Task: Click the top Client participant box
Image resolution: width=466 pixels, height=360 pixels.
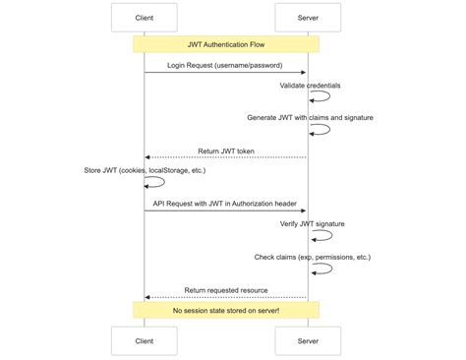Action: coord(145,17)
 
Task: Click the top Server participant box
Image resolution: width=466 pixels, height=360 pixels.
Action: coord(308,17)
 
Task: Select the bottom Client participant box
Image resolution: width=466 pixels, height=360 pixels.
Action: coord(145,340)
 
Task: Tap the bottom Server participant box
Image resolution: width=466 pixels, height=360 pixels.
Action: coord(308,340)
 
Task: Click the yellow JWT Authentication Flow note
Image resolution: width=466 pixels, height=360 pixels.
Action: coord(226,44)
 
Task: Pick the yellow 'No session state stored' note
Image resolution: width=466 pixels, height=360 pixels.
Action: coord(226,310)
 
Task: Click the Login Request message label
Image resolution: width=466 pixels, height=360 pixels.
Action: coord(226,64)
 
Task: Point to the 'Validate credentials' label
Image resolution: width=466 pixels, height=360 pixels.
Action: coord(310,86)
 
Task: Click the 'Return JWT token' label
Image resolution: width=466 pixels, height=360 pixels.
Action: coord(226,150)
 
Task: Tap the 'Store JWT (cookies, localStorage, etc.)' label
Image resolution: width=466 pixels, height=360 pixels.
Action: coord(145,170)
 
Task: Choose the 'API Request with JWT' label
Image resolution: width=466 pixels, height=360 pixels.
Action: coord(226,203)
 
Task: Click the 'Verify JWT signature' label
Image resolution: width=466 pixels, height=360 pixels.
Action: coord(312,224)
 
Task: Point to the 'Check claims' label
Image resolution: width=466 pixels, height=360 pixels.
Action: coord(312,257)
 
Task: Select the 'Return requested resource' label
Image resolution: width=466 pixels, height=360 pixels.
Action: coord(226,289)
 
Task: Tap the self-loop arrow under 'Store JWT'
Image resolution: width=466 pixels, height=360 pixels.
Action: coord(154,182)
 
